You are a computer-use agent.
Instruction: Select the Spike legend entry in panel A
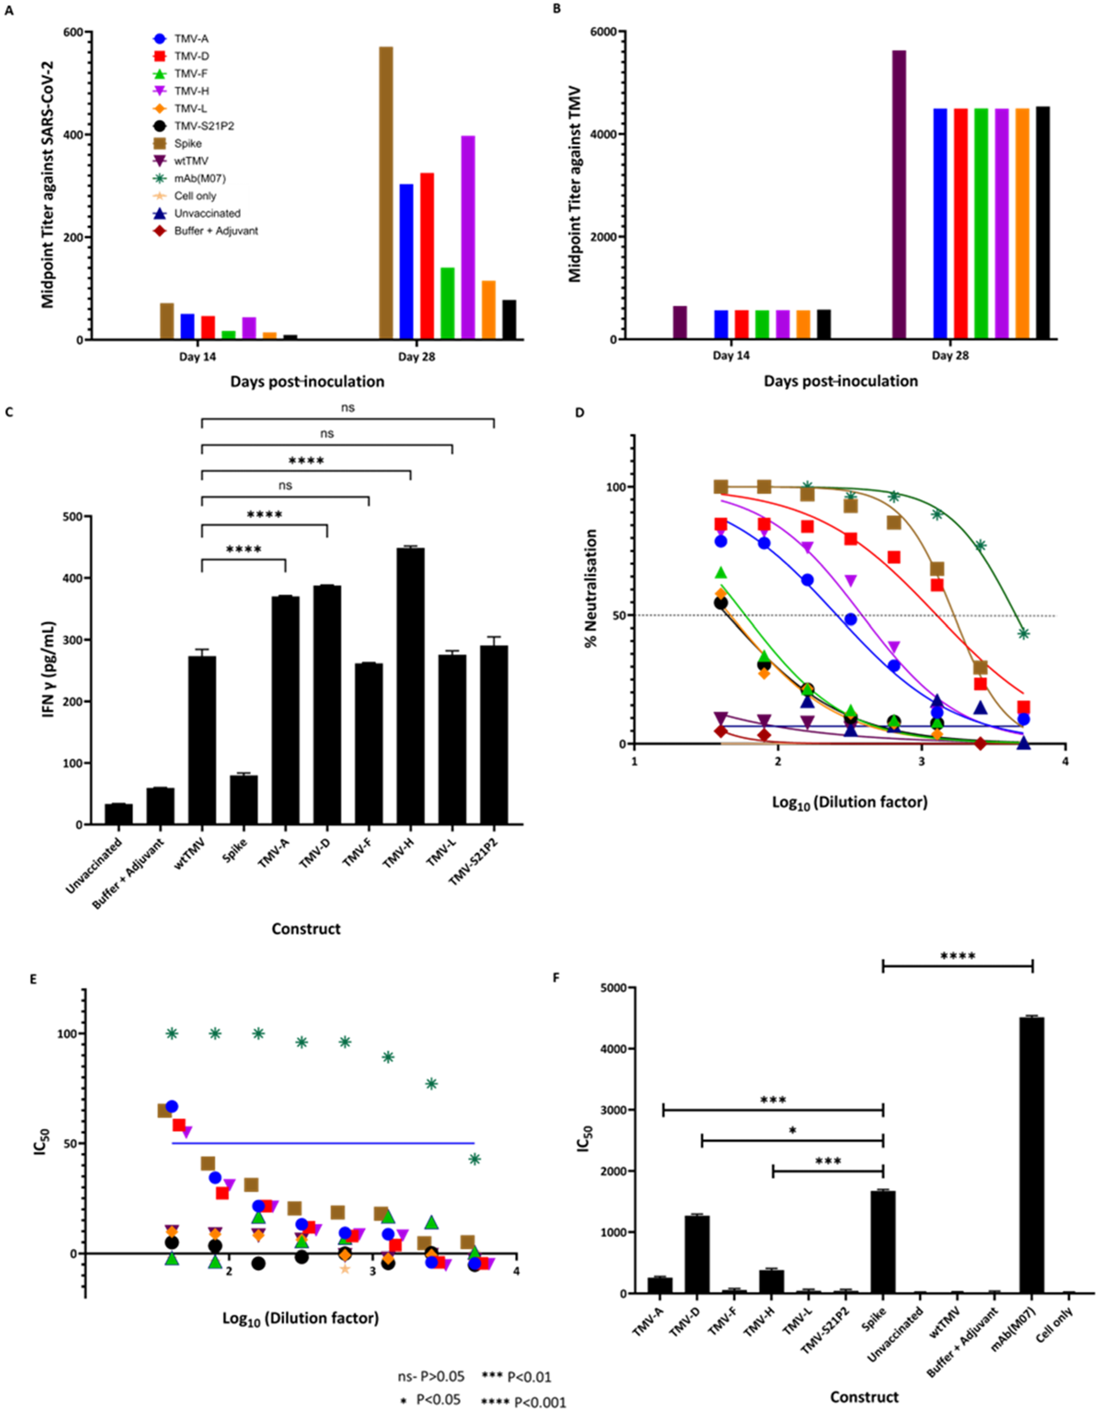point(187,144)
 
